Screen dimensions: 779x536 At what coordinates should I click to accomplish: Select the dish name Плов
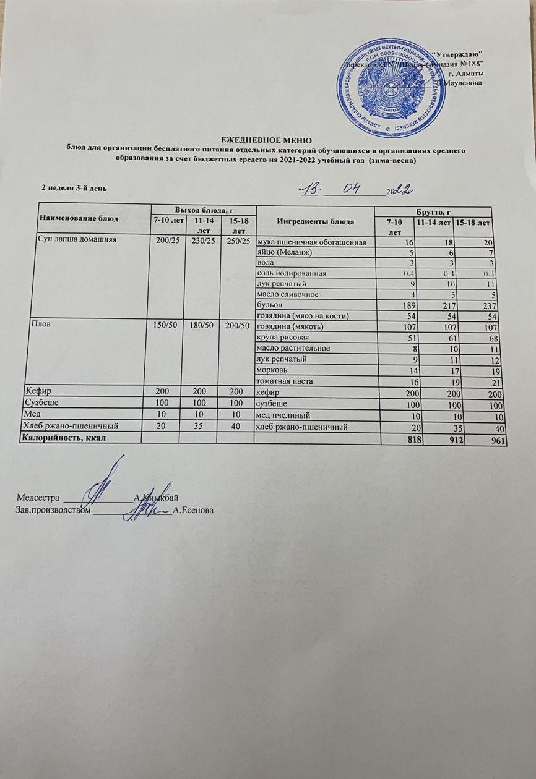[33, 326]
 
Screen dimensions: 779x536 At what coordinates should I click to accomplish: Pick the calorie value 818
[400, 441]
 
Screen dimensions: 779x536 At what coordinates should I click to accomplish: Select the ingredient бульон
[270, 305]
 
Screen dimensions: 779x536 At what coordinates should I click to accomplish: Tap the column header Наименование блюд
[79, 219]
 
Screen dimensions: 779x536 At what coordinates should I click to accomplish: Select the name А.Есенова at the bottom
[194, 511]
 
